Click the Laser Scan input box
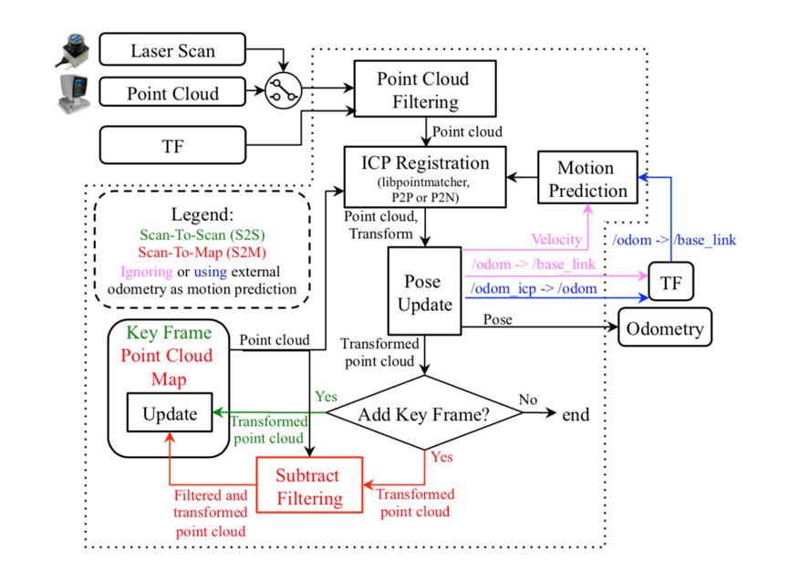(x=173, y=49)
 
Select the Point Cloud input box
(x=173, y=93)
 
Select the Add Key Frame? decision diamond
(x=425, y=413)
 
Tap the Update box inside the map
(x=171, y=414)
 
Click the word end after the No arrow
(x=576, y=414)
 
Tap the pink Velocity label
(x=555, y=239)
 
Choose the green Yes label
(x=326, y=398)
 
